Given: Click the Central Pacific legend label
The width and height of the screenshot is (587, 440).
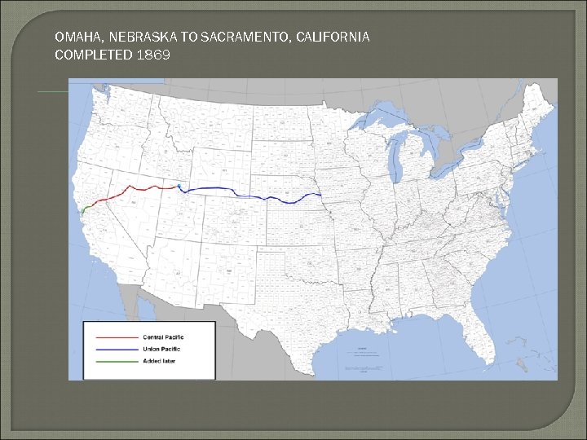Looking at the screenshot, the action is [163, 337].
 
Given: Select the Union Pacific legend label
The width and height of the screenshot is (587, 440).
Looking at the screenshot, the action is [161, 349].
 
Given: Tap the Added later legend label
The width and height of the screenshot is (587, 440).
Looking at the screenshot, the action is [158, 360].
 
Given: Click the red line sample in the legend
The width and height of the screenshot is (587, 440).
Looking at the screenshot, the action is [117, 337].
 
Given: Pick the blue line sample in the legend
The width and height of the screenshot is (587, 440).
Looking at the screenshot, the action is [117, 349].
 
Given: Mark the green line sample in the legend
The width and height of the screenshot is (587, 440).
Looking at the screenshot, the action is [117, 360].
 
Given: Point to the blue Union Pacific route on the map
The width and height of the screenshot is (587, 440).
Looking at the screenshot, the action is [253, 195].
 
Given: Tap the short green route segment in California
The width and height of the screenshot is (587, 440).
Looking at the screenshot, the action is [85, 207].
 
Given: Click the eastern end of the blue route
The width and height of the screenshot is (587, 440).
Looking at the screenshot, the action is [320, 194].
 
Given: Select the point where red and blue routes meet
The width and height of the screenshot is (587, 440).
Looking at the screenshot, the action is [179, 187].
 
